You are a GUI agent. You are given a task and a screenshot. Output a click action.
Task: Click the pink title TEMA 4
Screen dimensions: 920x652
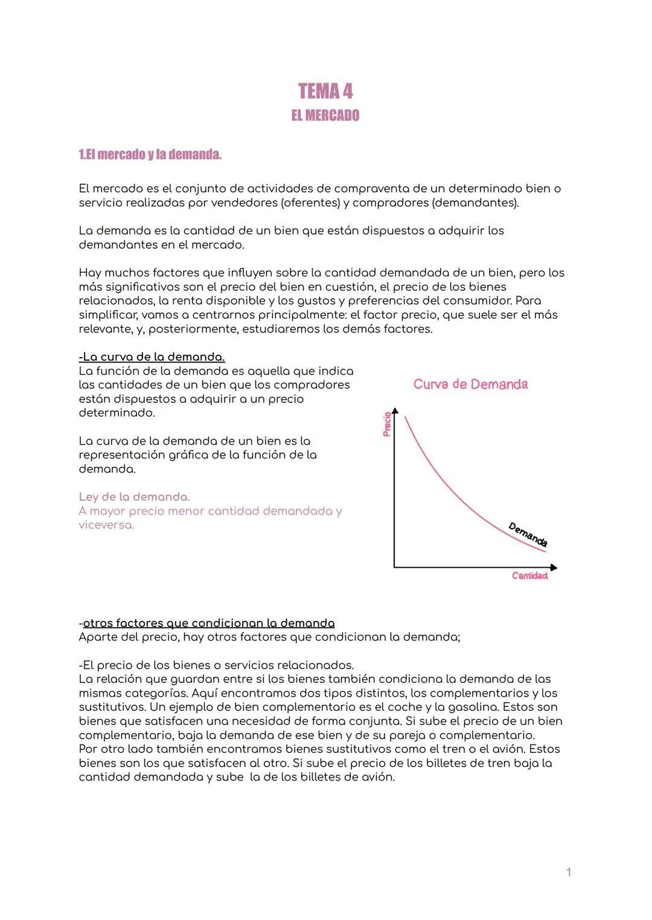tap(325, 92)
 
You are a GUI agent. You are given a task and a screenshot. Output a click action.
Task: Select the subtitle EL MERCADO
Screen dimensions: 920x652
tap(325, 115)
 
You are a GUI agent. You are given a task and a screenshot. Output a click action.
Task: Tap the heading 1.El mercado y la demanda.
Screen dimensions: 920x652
tap(150, 154)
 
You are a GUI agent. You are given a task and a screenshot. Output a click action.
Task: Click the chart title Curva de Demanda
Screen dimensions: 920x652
tap(470, 384)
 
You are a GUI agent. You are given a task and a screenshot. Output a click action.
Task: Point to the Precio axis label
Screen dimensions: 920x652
tap(387, 424)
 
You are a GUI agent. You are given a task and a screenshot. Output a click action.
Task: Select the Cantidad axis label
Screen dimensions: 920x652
tap(529, 576)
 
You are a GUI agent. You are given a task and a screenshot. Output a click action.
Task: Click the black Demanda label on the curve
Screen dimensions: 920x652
tap(528, 535)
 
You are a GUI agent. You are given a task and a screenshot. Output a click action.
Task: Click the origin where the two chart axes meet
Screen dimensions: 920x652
tap(394, 567)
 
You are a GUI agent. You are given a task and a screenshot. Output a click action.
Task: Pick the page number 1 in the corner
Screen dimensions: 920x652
tap(568, 872)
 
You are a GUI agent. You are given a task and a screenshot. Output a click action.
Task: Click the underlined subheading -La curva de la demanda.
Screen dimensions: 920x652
tap(152, 357)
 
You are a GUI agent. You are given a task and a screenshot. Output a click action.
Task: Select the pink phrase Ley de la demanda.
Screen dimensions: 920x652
tap(134, 497)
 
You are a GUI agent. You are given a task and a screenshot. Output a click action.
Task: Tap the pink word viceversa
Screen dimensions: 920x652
tap(106, 525)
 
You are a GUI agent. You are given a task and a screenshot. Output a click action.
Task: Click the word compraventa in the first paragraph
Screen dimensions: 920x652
tap(371, 189)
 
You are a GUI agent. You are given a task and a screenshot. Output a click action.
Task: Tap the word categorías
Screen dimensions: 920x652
tap(156, 693)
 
